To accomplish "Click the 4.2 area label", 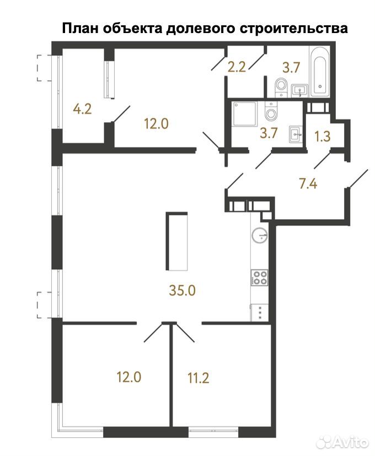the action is pos(82,110).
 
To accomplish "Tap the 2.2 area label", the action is pos(237,67).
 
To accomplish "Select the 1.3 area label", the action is pos(323,136).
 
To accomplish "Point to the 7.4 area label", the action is pos(308,184).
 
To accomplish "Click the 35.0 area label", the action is pos(183,291).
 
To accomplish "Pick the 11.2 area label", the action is pos(199,378).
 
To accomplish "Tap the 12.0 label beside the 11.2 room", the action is pos(128,377).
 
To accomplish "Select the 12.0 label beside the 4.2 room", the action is pos(157,124).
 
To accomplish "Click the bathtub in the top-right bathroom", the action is pos(320,71).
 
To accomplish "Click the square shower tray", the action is pos(245,113).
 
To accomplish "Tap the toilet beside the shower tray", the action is pos(271,112).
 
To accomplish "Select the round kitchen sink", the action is pos(259,235).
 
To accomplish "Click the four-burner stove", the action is pos(259,278).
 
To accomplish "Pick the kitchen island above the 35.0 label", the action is pos(176,241).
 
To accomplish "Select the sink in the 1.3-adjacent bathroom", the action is pos(296,134).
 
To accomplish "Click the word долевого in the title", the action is pos(201,29).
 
